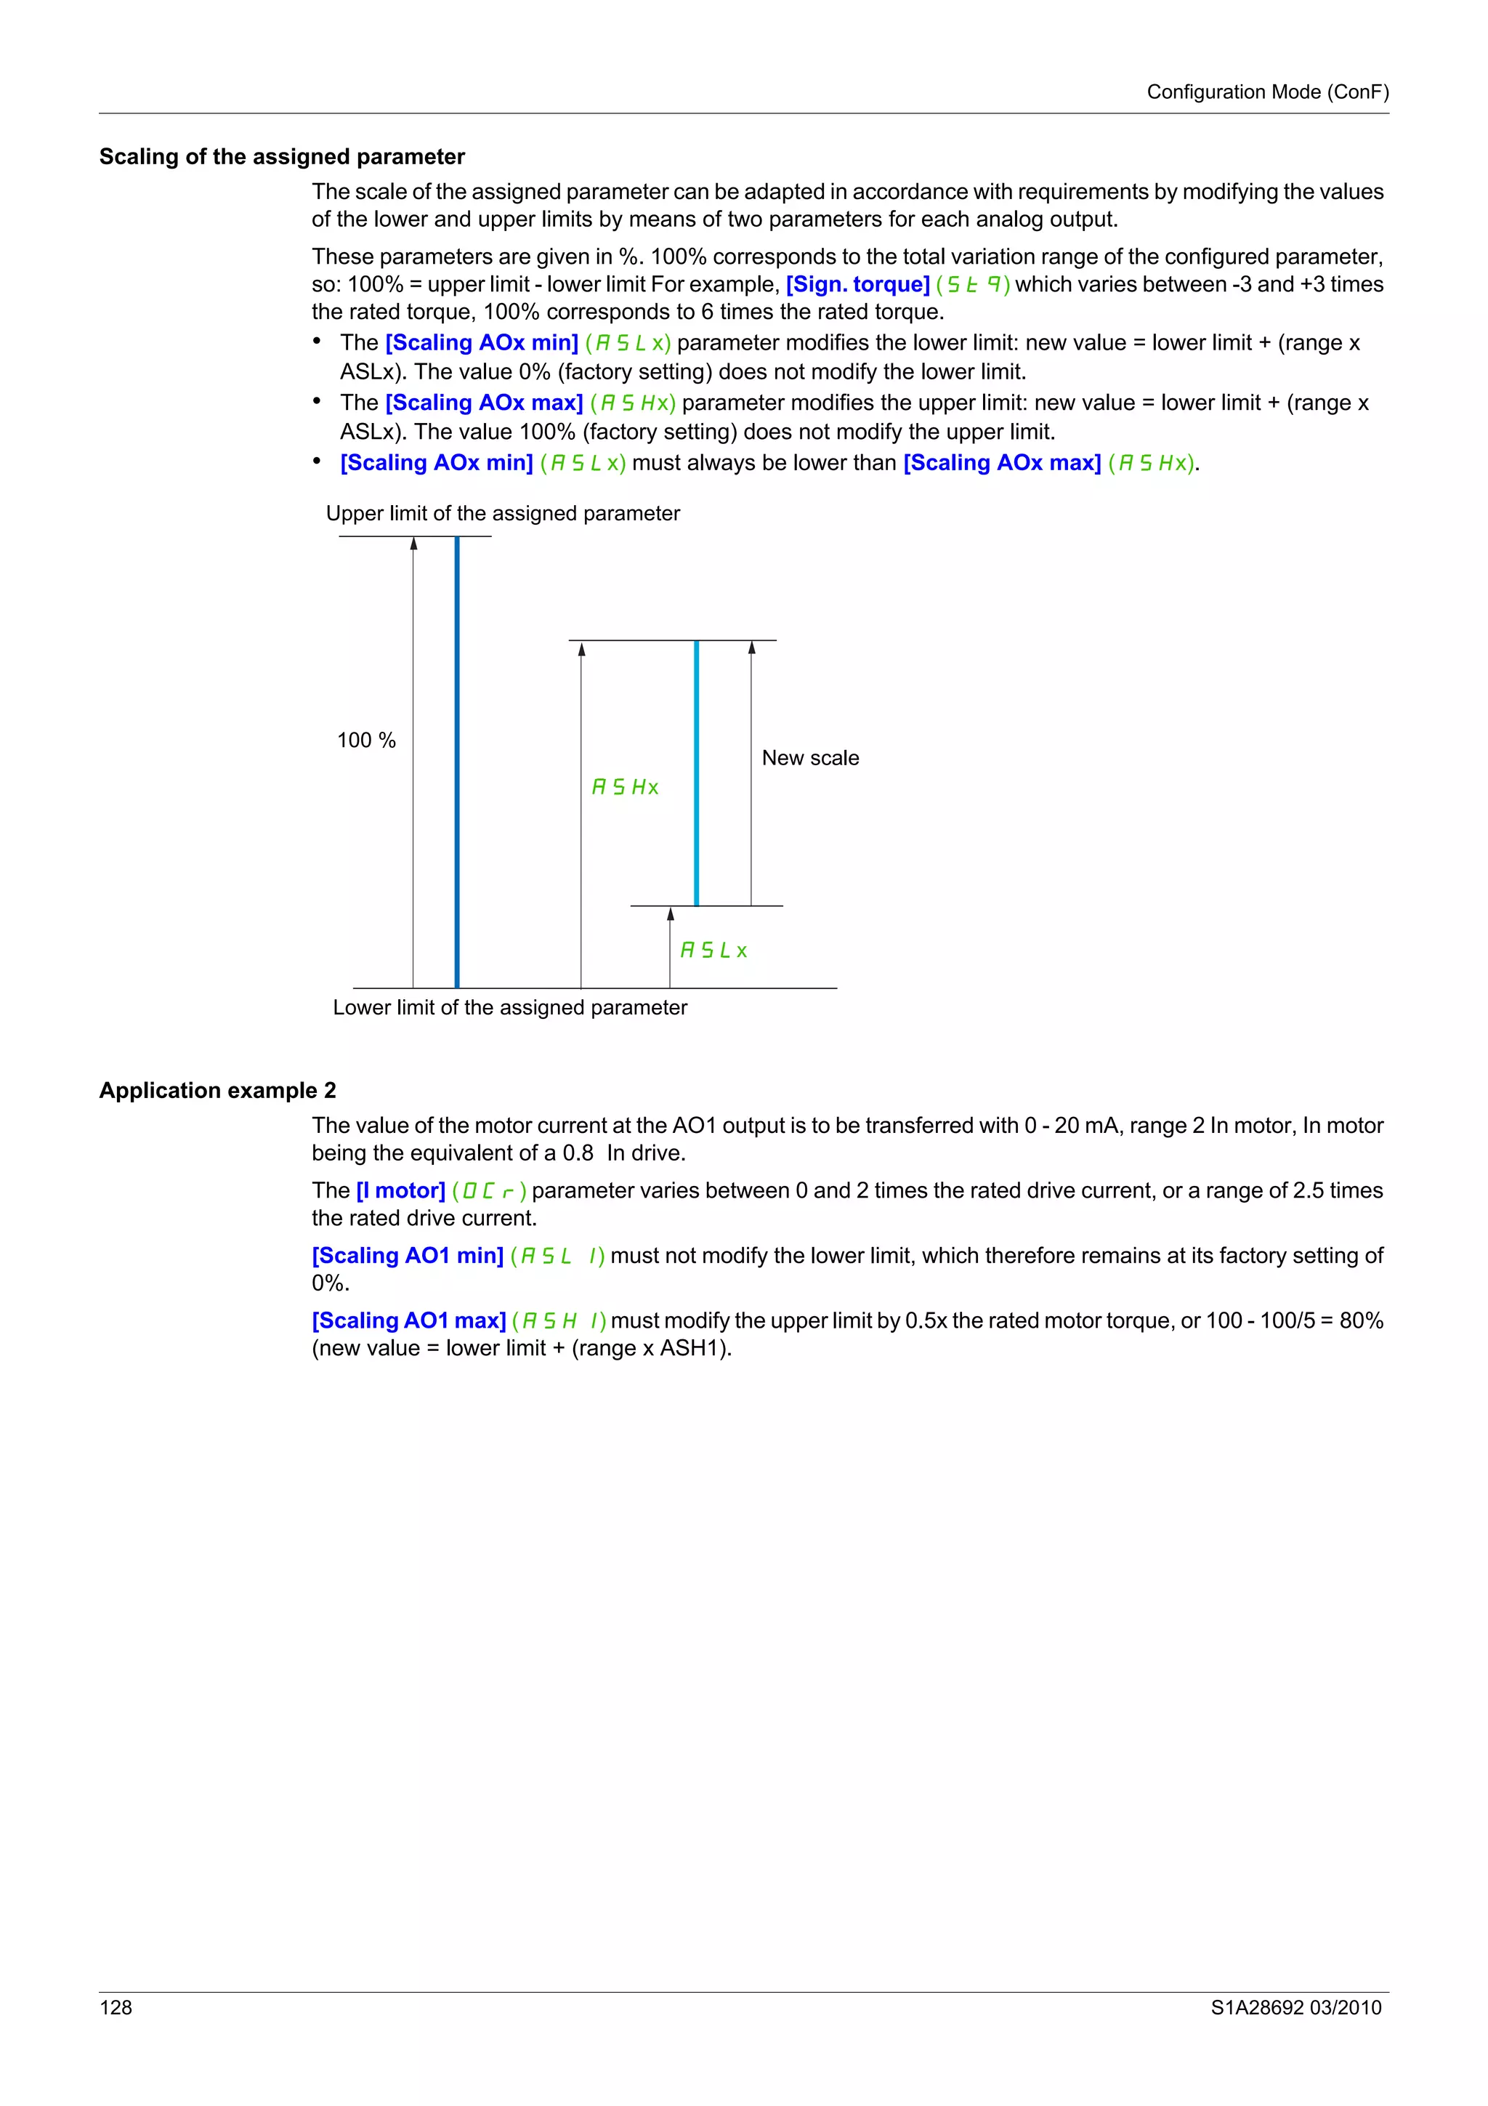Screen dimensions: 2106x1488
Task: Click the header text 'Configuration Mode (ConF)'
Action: coord(1267,92)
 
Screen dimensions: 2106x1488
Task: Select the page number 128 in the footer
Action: coord(116,2007)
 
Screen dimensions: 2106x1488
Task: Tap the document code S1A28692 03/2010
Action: coord(1295,2007)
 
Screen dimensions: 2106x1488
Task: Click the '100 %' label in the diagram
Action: coord(365,741)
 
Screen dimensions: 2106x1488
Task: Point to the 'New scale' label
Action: coord(809,758)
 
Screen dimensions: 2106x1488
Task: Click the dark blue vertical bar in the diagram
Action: coord(456,762)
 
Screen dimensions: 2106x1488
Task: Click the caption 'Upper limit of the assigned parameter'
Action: coord(502,514)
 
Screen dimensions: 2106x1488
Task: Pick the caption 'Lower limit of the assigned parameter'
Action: coord(510,1007)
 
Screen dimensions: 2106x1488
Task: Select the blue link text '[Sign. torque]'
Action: coord(857,284)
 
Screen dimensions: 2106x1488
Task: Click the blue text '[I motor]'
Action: coord(400,1190)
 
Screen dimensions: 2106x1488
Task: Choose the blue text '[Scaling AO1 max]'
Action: coord(408,1321)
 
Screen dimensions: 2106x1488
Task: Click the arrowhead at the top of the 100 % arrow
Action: coord(413,544)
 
